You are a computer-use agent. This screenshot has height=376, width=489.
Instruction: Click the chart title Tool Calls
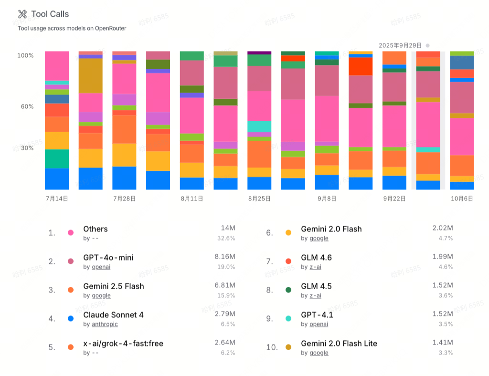(x=50, y=14)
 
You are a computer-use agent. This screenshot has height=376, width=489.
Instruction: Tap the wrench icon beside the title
(x=22, y=14)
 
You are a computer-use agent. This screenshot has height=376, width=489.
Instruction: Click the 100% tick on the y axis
(x=25, y=55)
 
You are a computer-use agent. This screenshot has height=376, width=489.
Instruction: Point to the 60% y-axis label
(x=27, y=106)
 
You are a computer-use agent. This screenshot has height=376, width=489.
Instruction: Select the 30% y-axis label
(x=27, y=148)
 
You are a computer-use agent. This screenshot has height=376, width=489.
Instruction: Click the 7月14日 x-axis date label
(x=57, y=198)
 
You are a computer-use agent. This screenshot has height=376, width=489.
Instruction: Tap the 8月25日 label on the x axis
(x=259, y=198)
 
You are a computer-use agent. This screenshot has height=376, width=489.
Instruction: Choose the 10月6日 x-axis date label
(x=462, y=198)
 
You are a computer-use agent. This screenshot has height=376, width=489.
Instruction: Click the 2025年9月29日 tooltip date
(x=400, y=45)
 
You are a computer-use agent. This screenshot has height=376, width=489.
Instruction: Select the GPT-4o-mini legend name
(x=108, y=258)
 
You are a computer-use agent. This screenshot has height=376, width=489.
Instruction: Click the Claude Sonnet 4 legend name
(x=113, y=315)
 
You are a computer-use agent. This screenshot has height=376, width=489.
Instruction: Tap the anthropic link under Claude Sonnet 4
(x=105, y=324)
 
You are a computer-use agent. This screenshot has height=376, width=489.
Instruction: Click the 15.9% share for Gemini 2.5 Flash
(x=226, y=295)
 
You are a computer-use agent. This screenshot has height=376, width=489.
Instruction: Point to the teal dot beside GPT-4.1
(x=288, y=319)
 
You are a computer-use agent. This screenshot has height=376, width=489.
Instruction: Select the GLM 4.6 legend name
(x=316, y=258)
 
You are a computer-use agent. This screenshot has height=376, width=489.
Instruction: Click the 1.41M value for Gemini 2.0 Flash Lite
(x=443, y=343)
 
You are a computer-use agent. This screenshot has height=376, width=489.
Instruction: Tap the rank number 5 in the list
(x=52, y=347)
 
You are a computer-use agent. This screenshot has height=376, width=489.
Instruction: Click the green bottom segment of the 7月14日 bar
(x=57, y=159)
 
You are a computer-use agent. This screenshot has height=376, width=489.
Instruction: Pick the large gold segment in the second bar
(x=91, y=76)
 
